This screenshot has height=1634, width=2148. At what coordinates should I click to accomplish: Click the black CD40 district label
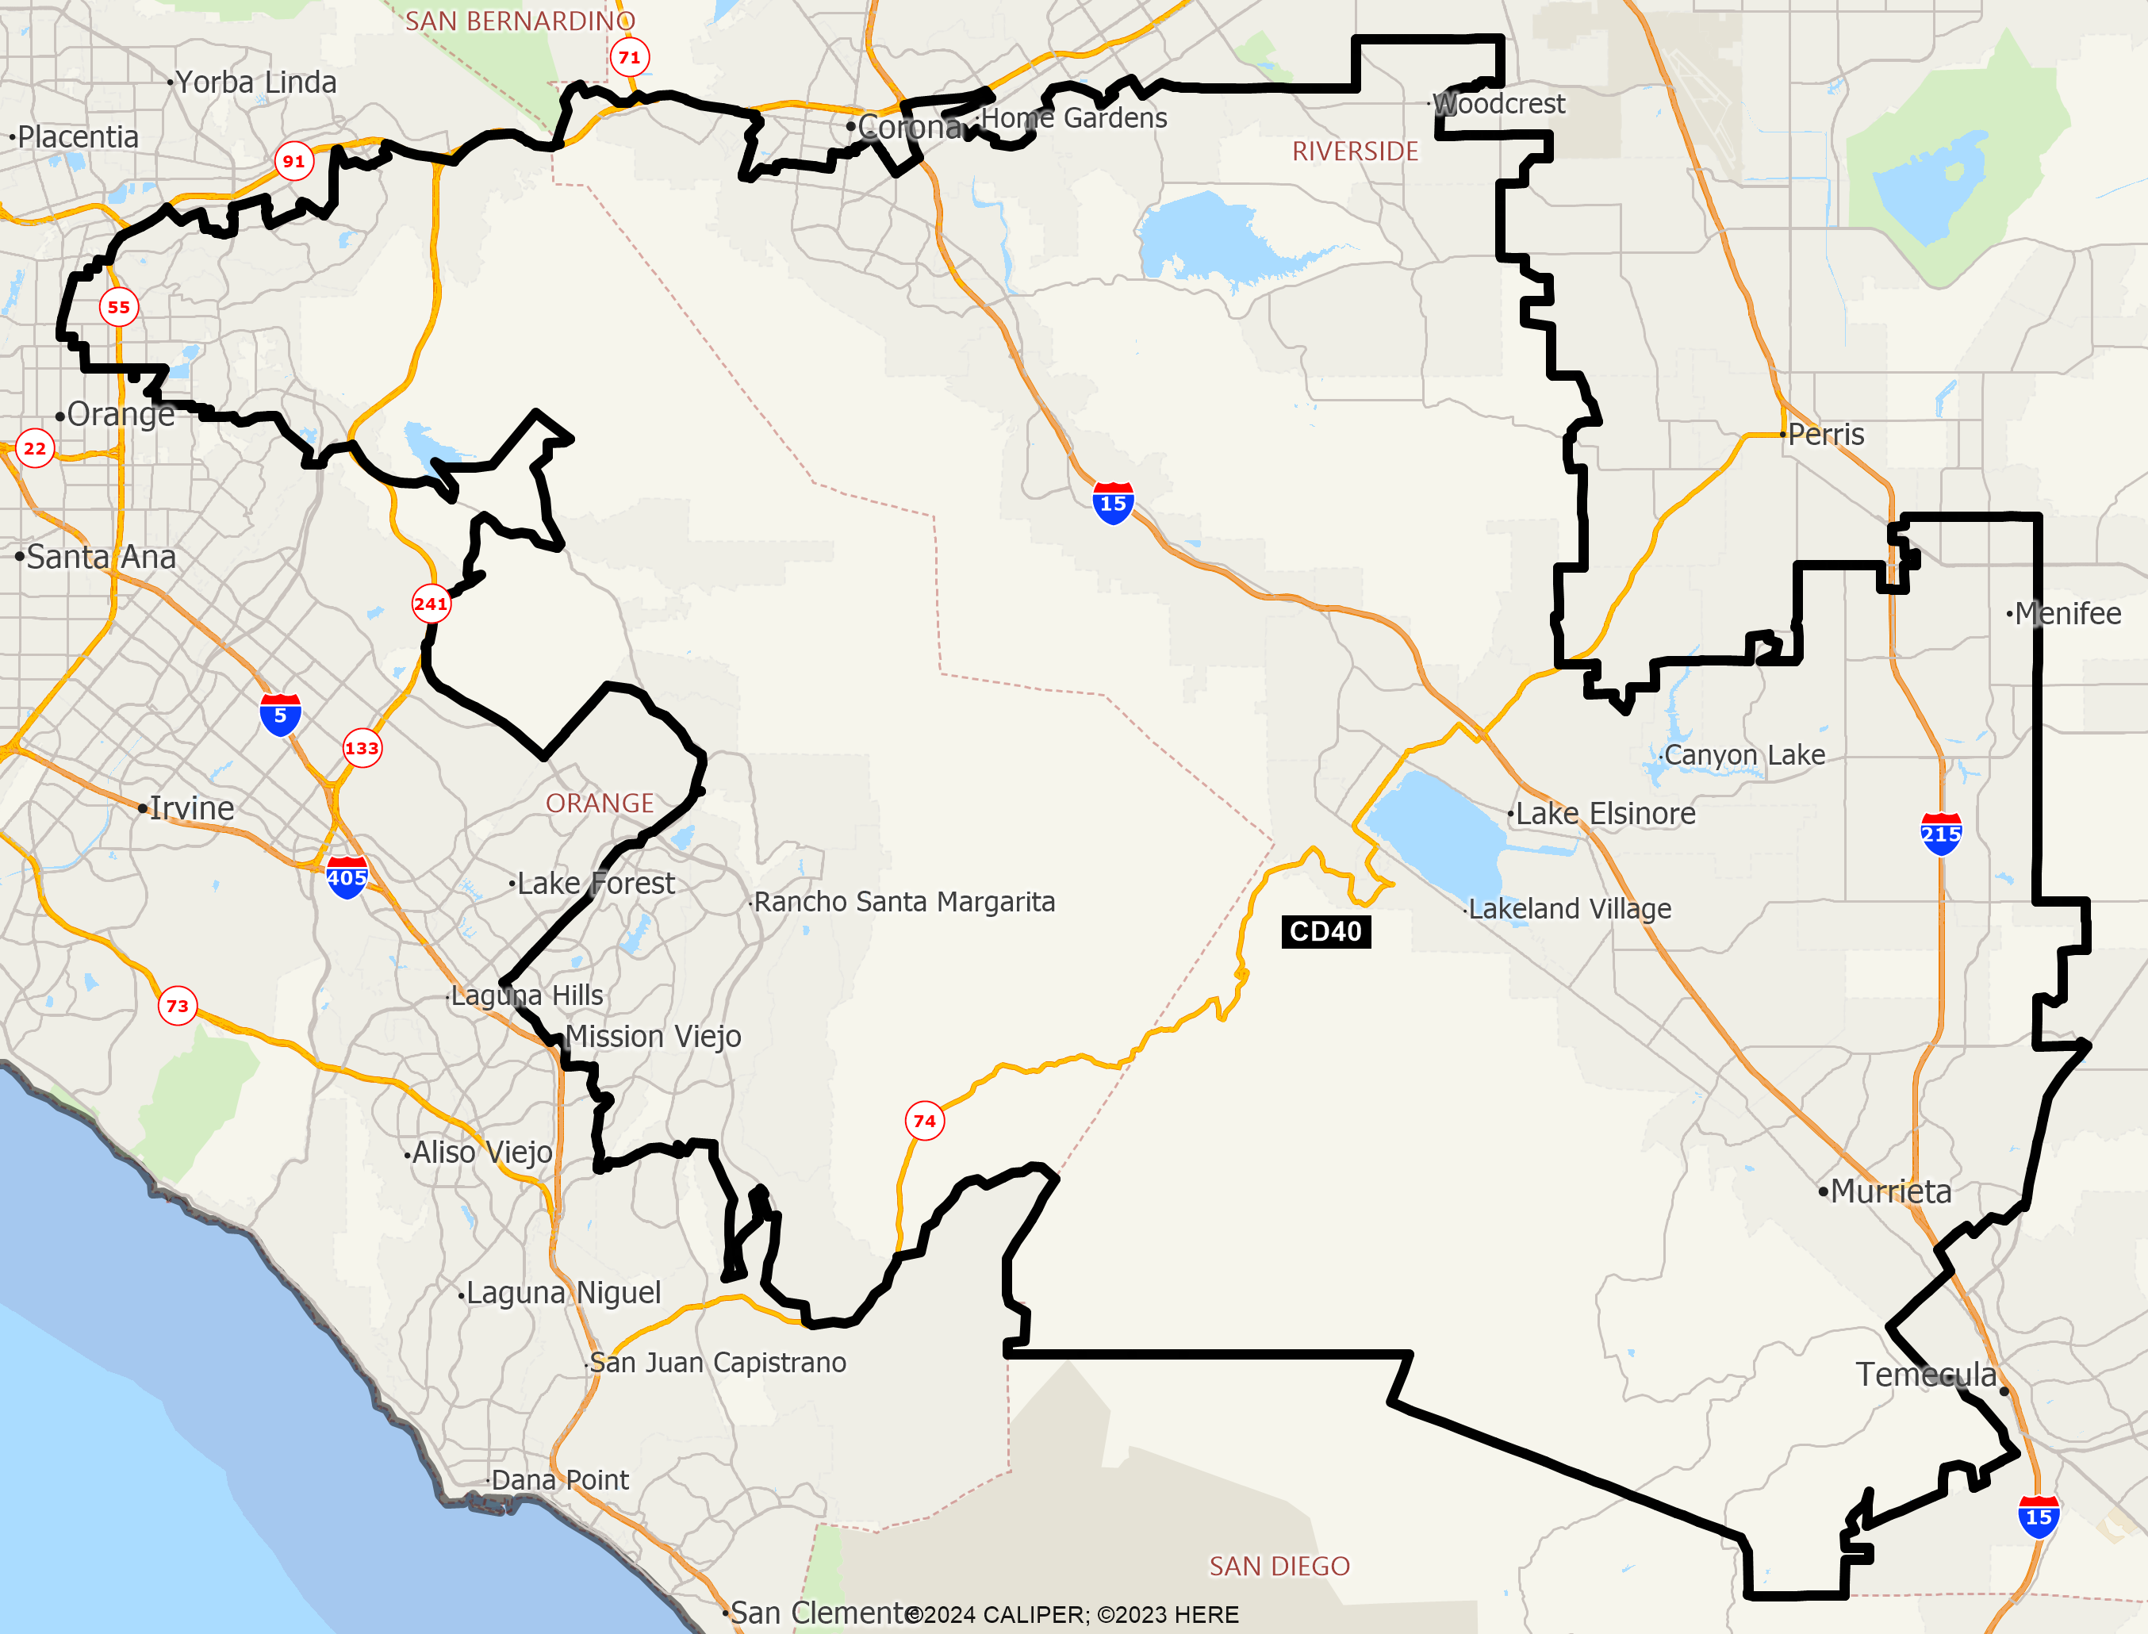[x=1325, y=932]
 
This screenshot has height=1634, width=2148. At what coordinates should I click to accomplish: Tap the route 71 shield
[x=630, y=57]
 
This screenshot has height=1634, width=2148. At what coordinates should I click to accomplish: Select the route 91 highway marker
[x=293, y=162]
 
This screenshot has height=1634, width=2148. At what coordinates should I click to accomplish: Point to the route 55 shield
[x=119, y=307]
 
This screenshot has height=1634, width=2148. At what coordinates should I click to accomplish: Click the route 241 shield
[x=431, y=604]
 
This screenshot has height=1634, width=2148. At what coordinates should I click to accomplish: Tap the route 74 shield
[x=925, y=1122]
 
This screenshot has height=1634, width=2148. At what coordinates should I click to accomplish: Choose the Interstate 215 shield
[x=1941, y=834]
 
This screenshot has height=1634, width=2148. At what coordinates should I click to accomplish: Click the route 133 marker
[x=362, y=748]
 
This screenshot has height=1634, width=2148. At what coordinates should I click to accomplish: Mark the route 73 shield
[x=177, y=1006]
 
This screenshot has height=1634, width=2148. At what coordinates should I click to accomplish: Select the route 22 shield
[x=35, y=448]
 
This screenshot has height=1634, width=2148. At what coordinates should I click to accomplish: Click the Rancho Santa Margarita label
[x=904, y=902]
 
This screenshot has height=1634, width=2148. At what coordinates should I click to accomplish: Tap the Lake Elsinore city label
[x=1605, y=813]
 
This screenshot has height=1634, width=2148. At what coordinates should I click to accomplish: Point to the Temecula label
[x=1925, y=1375]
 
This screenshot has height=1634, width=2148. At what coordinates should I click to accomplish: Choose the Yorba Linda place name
[x=255, y=82]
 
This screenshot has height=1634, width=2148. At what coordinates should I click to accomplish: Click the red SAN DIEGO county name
[x=1279, y=1566]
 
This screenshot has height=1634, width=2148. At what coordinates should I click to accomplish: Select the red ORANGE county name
[x=599, y=804]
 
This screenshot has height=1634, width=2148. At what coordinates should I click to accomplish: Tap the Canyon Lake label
[x=1743, y=755]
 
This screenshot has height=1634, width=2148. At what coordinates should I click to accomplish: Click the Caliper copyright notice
[x=1073, y=1614]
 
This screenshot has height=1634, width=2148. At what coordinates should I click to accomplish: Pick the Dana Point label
[x=560, y=1479]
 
